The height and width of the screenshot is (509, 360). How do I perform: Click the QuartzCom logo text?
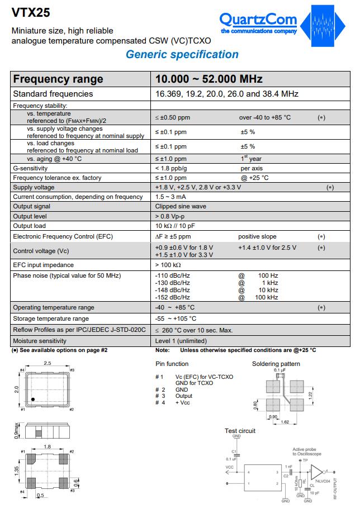(x=258, y=20)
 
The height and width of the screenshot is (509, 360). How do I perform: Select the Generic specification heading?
(x=182, y=54)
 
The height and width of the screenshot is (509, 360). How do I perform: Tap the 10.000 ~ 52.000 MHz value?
(x=209, y=79)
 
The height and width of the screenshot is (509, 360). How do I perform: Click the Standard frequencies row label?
(x=53, y=94)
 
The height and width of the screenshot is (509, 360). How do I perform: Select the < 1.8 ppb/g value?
(x=171, y=168)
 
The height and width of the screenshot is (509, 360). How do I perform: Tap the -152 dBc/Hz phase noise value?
(x=172, y=297)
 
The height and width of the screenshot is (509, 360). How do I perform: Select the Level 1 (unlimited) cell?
(x=181, y=340)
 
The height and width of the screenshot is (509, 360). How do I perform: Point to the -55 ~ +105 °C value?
(x=176, y=318)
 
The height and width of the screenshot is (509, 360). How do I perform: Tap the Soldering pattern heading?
(x=276, y=364)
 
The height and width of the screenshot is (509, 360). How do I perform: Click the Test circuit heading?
(x=240, y=431)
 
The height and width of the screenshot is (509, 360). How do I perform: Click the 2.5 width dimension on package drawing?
(x=48, y=364)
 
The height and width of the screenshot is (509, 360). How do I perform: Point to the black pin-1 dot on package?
(x=34, y=398)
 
